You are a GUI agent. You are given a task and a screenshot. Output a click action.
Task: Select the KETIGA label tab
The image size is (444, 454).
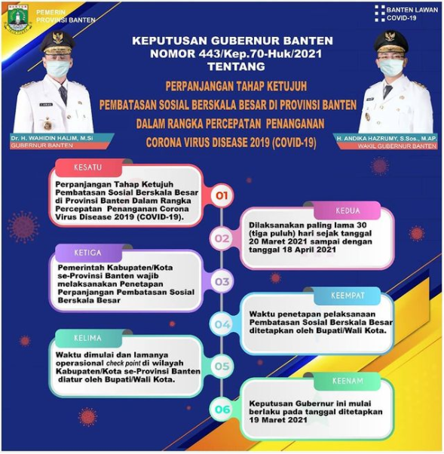87,253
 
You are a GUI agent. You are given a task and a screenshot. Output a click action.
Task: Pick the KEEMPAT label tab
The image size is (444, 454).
348,295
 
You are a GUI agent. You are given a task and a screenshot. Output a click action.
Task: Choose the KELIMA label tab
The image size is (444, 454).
87,337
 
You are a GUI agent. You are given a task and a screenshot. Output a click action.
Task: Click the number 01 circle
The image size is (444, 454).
222,197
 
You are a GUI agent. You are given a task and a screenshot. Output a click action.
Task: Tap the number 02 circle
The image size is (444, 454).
222,240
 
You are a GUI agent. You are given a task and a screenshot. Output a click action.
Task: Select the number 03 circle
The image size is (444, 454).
222,282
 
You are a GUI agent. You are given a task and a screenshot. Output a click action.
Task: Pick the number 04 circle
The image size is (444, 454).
222,325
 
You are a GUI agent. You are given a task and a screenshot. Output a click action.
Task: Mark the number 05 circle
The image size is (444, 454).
222,367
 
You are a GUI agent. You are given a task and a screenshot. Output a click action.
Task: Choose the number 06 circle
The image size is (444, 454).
222,410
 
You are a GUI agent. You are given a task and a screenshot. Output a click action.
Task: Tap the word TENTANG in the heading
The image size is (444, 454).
222,66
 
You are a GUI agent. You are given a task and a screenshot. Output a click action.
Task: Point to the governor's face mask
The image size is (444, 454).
57,69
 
